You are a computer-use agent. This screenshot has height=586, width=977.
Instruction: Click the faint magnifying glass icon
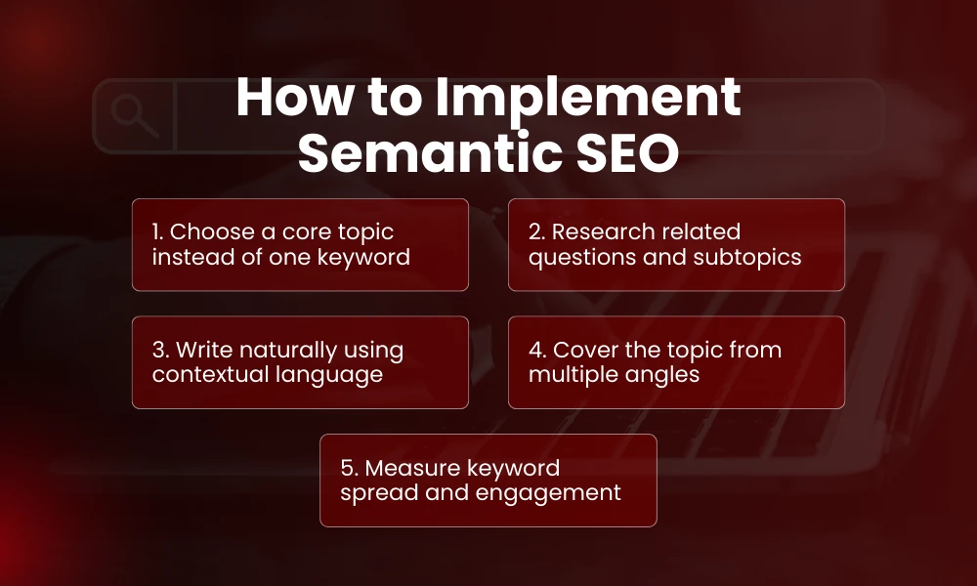tap(135, 116)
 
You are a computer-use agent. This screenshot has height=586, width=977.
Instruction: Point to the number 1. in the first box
tap(156, 232)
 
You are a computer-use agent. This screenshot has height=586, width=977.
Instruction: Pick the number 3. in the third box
tap(159, 350)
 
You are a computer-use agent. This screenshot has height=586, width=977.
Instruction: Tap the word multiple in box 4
tap(573, 375)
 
